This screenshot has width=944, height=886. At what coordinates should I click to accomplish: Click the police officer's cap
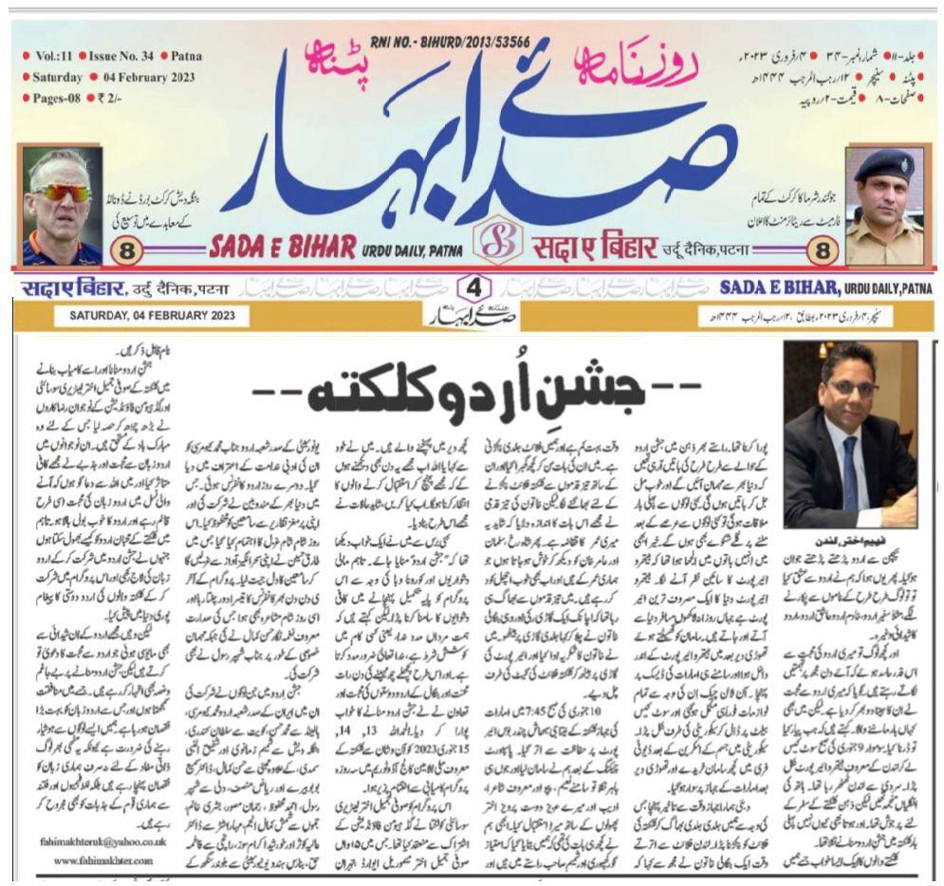coord(882,164)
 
